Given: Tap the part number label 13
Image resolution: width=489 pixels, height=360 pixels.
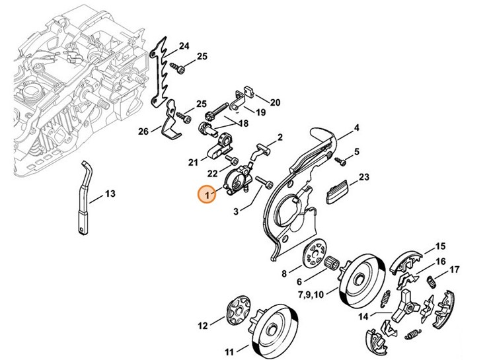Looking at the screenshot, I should click(x=110, y=194).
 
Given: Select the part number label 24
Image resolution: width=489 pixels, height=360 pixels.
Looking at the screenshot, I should click(x=184, y=46).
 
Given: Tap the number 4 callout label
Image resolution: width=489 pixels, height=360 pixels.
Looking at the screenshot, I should click(x=356, y=128).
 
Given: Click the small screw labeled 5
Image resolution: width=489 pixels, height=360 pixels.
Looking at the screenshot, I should click(x=341, y=161).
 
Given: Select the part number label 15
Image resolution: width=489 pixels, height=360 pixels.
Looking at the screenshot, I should click(x=441, y=246).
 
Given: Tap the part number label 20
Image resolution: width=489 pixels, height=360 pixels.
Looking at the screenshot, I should click(x=275, y=102).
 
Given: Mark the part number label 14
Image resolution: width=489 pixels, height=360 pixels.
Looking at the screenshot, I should click(x=363, y=316).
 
